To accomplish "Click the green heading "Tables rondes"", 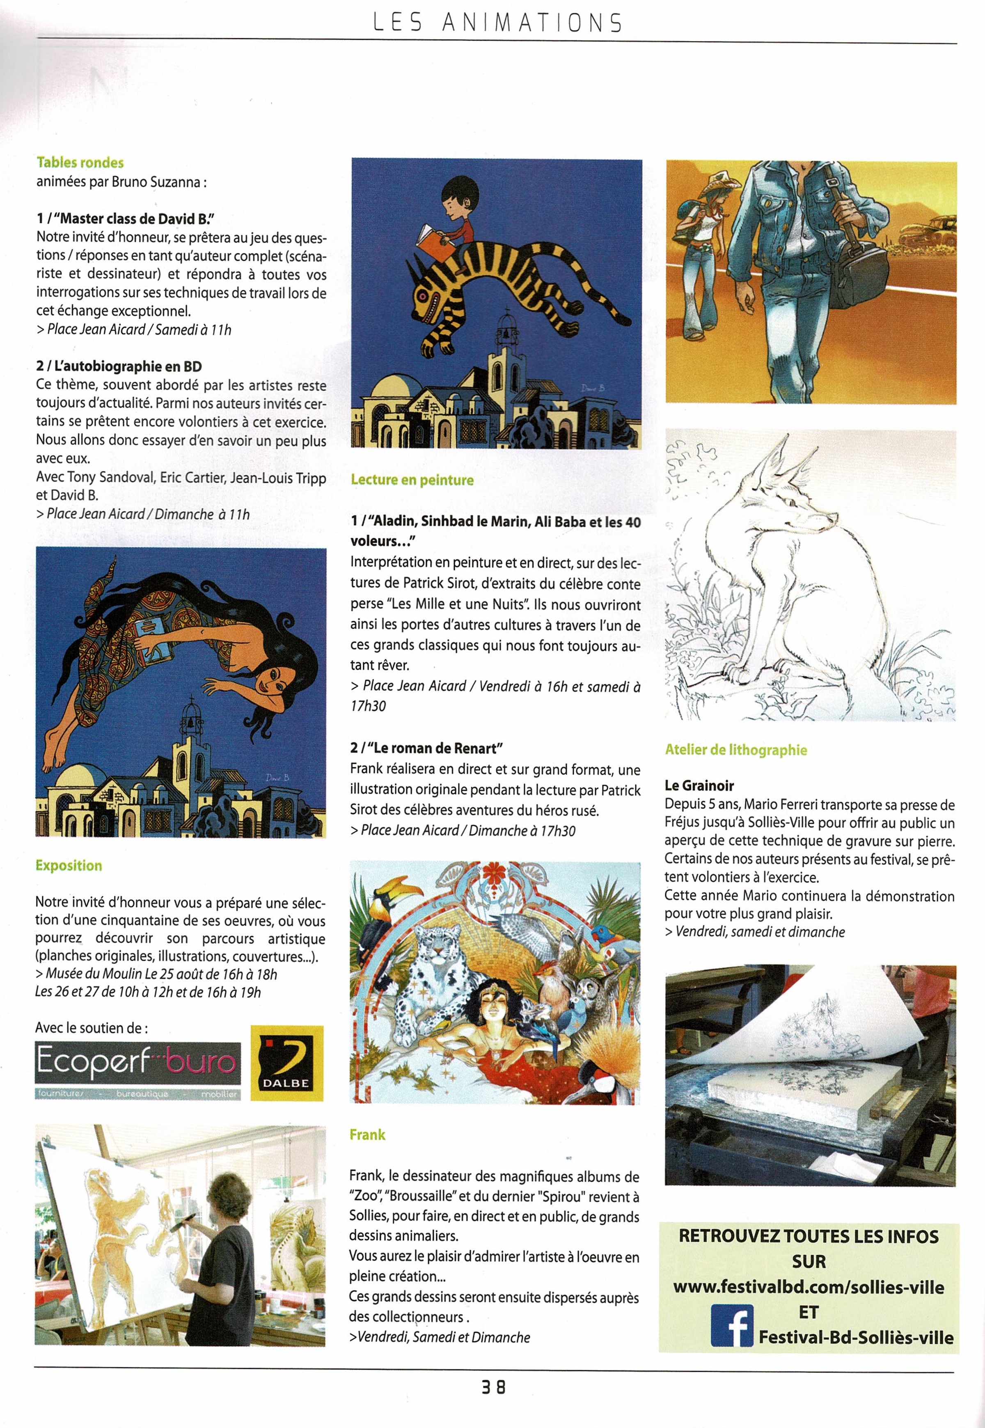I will coord(80,162).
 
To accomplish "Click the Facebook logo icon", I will coord(732,1325).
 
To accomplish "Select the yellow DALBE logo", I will coord(286,1064).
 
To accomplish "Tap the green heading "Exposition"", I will coord(69,865).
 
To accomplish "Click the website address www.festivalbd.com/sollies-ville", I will coord(809,1287).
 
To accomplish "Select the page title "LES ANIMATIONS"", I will coord(497,23).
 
